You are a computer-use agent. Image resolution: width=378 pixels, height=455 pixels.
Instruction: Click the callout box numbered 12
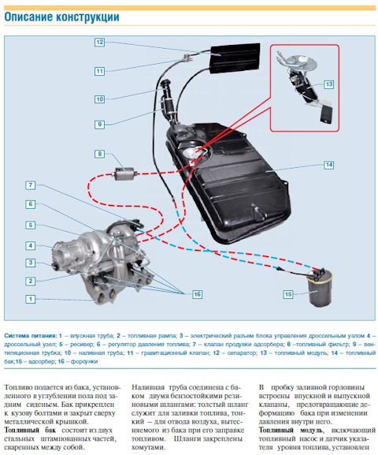click(99, 43)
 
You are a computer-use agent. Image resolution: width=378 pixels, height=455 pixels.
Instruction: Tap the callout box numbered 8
click(99, 154)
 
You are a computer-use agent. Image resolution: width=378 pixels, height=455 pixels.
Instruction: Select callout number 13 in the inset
click(328, 84)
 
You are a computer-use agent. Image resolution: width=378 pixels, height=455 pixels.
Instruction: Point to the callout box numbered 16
click(197, 294)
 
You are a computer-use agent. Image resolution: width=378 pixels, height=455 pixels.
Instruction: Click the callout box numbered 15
click(288, 294)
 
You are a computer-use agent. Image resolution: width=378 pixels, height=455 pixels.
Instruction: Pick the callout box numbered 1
click(31, 299)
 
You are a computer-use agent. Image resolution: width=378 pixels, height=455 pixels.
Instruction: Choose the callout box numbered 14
click(328, 165)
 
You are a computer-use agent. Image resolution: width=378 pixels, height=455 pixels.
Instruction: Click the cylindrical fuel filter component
click(124, 173)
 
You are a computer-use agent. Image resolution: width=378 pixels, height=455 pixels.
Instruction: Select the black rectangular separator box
click(235, 58)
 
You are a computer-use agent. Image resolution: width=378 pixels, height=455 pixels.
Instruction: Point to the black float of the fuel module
click(326, 114)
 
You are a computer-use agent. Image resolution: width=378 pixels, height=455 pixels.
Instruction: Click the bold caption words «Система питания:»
click(31, 336)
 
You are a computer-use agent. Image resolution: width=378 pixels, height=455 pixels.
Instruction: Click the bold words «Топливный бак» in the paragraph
click(30, 430)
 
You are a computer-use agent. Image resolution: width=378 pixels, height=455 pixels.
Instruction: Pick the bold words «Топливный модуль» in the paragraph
click(291, 430)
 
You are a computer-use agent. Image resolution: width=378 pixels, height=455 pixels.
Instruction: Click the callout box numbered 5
click(31, 226)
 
